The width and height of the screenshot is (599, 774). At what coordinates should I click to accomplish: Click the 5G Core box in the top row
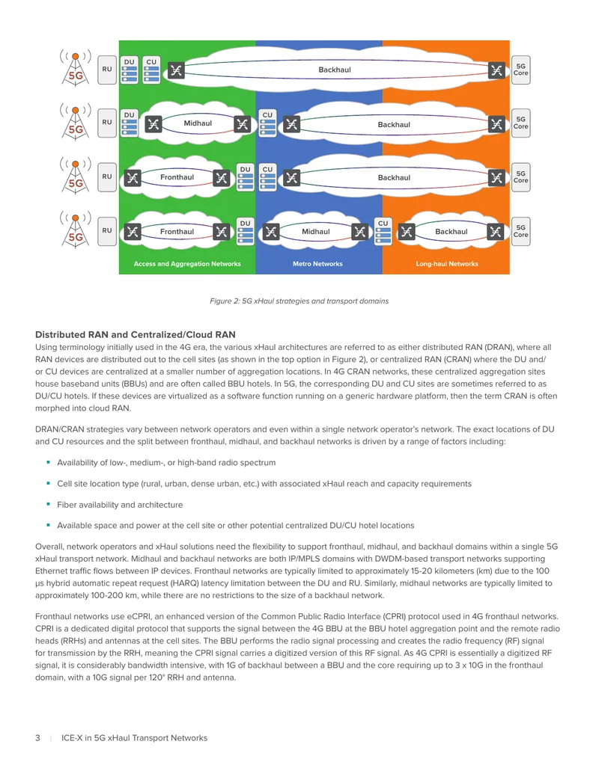point(520,70)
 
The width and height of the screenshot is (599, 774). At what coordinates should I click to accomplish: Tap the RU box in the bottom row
point(107,231)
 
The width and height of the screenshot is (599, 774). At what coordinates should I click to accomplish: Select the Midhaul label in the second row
point(198,123)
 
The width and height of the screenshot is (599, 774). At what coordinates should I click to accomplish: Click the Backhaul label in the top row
point(335,70)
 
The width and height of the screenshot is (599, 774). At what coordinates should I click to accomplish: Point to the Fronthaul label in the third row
point(177,177)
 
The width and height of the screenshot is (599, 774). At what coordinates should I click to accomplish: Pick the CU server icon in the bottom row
point(383,232)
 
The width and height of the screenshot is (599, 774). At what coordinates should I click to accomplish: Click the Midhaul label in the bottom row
point(316,232)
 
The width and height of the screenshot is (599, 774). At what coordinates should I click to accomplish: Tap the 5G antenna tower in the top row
point(76,68)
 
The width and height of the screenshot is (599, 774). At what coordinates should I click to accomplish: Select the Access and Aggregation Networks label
point(187,264)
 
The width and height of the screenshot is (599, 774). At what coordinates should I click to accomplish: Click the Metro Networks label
point(317,264)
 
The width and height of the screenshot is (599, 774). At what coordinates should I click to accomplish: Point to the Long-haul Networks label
point(447,264)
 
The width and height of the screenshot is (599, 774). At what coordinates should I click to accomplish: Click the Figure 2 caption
point(299,301)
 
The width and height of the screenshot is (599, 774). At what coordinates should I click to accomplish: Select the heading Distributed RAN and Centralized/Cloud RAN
point(136,335)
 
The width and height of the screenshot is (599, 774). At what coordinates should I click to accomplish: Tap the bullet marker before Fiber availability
point(48,504)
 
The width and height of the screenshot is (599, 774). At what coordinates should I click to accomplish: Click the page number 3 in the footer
point(37,738)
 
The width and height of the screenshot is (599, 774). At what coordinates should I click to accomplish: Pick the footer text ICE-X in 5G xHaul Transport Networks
point(135,738)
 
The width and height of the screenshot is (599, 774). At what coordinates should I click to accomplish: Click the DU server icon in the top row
point(130,70)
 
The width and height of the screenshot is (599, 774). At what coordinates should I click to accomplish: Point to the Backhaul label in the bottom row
point(451,232)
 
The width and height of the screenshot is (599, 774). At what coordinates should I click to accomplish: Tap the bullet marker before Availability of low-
point(48,462)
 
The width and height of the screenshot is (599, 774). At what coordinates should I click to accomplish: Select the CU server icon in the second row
point(267,123)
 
